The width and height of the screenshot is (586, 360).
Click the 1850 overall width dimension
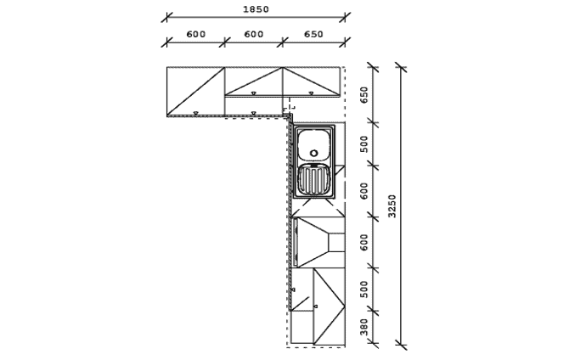tap(256, 9)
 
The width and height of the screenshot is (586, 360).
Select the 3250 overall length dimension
tap(392, 205)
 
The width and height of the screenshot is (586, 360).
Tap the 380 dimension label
tap(364, 327)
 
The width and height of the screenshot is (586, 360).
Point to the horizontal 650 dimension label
tap(313, 34)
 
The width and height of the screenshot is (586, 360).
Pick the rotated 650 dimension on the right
tap(364, 95)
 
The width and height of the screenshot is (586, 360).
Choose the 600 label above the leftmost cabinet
tap(196, 34)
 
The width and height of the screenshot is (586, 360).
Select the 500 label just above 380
tap(364, 290)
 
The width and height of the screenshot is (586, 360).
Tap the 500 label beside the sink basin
tap(364, 143)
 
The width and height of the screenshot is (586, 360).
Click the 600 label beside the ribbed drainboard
tap(364, 190)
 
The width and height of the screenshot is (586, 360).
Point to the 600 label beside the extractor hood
tap(364, 242)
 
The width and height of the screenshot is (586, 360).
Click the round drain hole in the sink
tap(314, 153)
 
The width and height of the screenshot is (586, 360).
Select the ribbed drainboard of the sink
tap(314, 180)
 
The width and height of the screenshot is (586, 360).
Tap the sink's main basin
tap(314, 144)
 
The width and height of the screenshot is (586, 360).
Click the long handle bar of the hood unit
tap(296, 242)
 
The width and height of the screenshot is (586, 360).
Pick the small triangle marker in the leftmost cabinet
tap(195, 113)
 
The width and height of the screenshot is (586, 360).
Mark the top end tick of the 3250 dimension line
tap(401, 68)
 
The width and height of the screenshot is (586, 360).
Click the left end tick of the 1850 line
tap(166, 17)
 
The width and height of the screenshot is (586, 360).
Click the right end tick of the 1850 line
tap(345, 17)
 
